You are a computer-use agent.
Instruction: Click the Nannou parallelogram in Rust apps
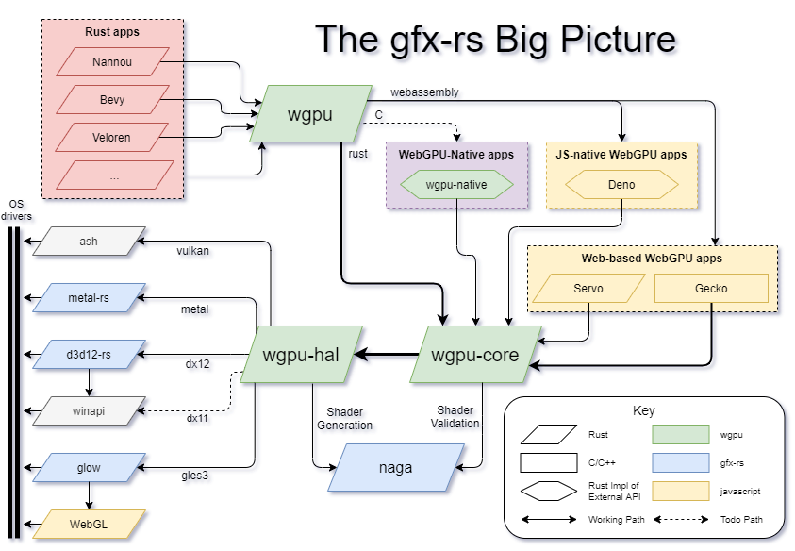[111, 62]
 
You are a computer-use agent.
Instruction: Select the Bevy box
[111, 100]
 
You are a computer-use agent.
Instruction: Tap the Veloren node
[111, 138]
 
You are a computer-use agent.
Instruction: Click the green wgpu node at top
[309, 114]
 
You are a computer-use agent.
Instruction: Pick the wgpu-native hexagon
[456, 185]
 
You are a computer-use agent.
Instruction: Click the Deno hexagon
[621, 185]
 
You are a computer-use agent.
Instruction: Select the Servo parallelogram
[588, 289]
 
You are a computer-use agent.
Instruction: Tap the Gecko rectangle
[711, 289]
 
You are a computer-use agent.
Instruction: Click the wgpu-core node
[476, 355]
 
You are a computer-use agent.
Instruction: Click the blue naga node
[396, 467]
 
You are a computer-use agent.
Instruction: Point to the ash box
[89, 242]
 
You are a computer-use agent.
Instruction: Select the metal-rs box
[89, 298]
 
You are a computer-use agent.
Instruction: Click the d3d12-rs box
[89, 355]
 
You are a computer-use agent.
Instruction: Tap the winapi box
[89, 410]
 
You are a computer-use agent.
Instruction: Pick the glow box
[89, 467]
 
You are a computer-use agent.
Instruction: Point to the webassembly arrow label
[424, 92]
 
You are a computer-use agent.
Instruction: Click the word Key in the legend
[643, 411]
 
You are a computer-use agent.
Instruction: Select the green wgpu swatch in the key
[680, 435]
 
